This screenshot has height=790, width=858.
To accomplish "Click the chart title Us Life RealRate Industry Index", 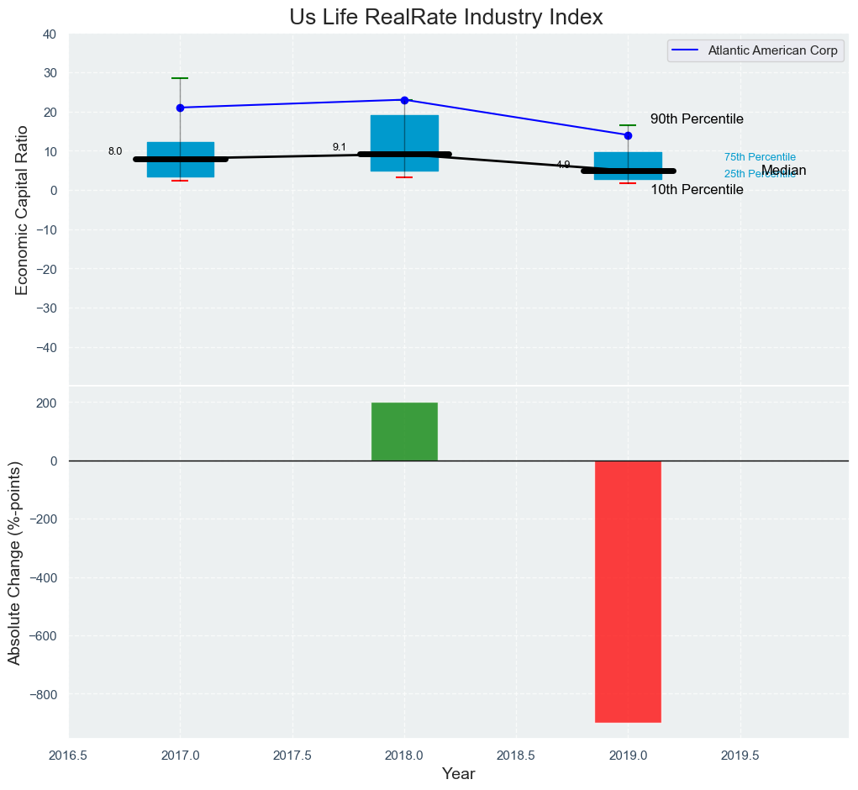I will coord(446,18).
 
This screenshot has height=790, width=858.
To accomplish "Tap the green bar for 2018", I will coord(404,431).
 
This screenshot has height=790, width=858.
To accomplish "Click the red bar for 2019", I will coord(628,591).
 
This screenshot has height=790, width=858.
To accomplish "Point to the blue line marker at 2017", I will coord(180,108).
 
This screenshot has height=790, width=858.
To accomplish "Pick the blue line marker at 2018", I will coord(404,100).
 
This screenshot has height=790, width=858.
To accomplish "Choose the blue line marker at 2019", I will coord(628,135).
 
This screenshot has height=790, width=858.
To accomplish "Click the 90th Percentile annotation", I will coord(697,119).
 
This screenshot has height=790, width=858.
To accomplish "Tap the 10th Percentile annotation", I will coord(697,190).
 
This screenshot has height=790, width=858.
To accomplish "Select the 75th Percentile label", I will coord(760,157).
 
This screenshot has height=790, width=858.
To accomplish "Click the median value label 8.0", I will coord(115,151).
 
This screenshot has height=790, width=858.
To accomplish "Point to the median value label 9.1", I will coord(340,147).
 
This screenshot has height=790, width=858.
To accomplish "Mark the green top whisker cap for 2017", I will coord(180,78).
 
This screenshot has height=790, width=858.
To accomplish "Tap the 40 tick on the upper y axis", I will coord(50,34).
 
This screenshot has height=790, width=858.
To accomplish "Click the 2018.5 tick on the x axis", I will coord(516,756).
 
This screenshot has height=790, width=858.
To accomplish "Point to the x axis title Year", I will coord(458,774).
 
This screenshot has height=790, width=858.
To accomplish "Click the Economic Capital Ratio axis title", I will coord(22,209).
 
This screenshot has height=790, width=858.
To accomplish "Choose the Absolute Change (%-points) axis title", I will coord(14,563).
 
